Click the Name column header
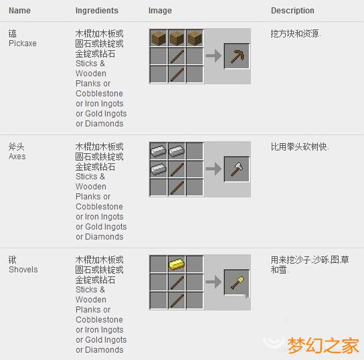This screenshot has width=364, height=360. pos(19,11)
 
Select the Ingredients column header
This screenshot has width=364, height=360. pos(96,11)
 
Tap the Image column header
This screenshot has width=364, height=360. pos(160,11)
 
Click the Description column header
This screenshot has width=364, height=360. pos(292,11)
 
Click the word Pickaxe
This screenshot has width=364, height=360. pos(23,43)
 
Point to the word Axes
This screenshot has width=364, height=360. pos(17,156)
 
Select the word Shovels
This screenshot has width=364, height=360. pos(23,270)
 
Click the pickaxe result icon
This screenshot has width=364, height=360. pos(237,56)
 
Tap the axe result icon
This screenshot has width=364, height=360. pos(237,169)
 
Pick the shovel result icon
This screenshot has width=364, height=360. pos(237,282)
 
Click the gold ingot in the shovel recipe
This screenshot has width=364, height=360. pos(177,264)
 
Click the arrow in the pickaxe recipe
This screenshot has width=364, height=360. pos(213,56)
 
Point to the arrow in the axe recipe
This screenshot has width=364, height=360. pos(213,169)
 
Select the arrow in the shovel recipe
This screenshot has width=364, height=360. pos(213,282)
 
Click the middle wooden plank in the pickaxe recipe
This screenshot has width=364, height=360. pos(177,37)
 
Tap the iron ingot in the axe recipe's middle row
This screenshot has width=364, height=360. pos(159,169)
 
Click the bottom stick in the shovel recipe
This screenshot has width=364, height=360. pos(177,300)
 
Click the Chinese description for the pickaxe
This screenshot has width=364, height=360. pos(296,33)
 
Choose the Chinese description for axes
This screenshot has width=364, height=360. pos(300,146)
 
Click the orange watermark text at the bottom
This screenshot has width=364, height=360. pos(323,345)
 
